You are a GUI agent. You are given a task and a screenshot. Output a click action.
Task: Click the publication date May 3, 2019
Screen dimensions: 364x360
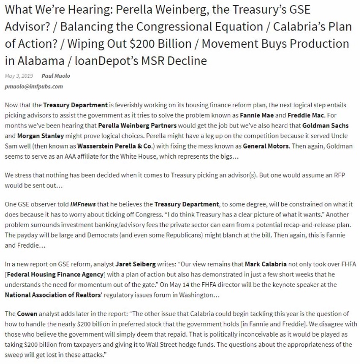click(x=19, y=76)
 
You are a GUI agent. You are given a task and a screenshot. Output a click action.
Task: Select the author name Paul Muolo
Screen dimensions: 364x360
click(x=56, y=76)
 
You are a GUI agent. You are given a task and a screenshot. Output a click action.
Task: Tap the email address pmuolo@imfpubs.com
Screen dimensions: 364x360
click(x=29, y=86)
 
